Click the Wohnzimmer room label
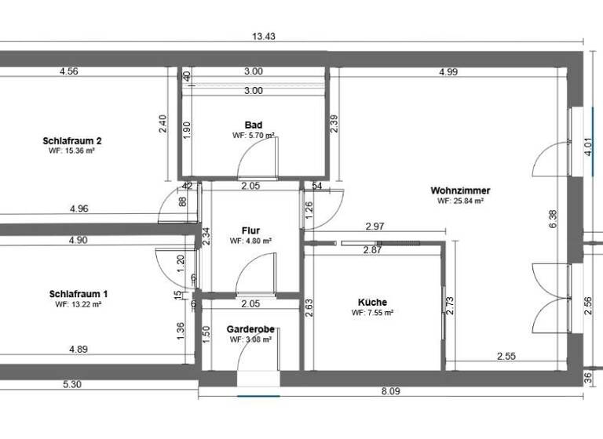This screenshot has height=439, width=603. pyautogui.click(x=460, y=190)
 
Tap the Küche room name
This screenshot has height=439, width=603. pyautogui.click(x=372, y=302)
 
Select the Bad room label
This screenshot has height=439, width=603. pyautogui.click(x=253, y=125)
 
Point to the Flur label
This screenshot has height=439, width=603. pyautogui.click(x=250, y=231)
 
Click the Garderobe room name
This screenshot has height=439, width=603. pyautogui.click(x=250, y=330)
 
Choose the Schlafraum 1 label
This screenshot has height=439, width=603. pyautogui.click(x=79, y=295)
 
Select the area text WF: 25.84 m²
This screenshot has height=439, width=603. pyautogui.click(x=460, y=201)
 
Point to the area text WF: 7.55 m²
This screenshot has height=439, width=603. pyautogui.click(x=372, y=312)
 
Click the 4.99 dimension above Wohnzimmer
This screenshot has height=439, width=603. pyautogui.click(x=449, y=72)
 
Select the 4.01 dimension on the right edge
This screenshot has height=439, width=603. pyautogui.click(x=588, y=148)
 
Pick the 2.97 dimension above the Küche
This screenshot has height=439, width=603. pyautogui.click(x=375, y=227)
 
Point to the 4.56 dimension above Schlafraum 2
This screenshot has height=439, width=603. pyautogui.click(x=68, y=72)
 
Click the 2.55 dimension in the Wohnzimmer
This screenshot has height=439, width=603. pyautogui.click(x=506, y=357)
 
